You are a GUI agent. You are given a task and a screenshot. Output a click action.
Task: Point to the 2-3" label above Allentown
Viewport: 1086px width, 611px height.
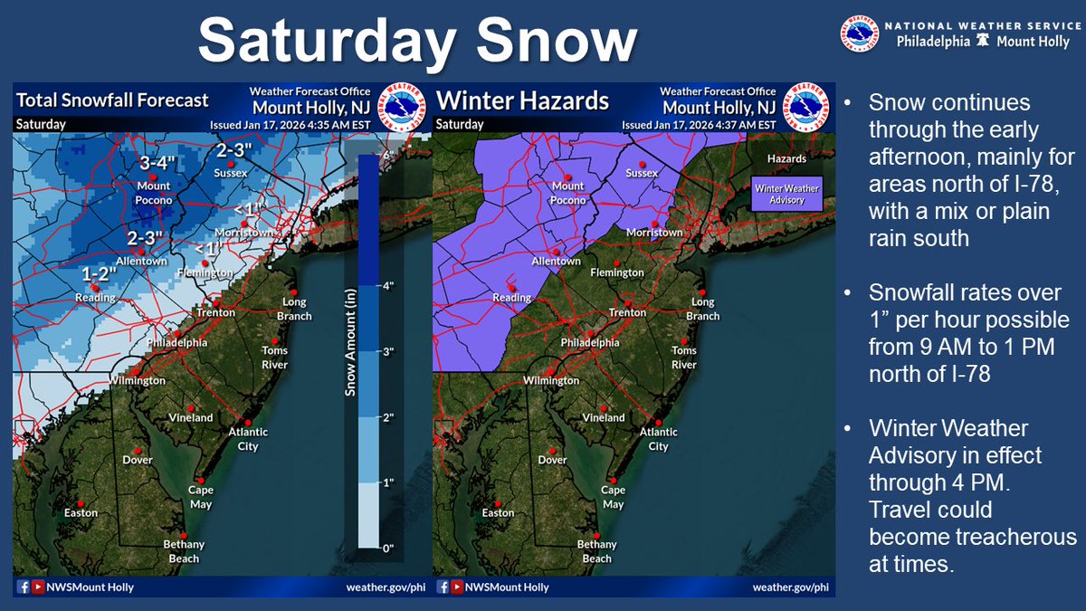145,238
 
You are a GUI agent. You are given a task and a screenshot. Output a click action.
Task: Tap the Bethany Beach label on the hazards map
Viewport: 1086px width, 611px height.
597,551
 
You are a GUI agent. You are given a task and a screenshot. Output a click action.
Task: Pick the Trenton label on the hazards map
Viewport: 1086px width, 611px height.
627,312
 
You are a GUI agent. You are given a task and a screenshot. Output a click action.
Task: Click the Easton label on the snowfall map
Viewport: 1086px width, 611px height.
81,513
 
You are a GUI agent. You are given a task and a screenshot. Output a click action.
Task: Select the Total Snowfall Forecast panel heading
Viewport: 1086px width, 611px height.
113,100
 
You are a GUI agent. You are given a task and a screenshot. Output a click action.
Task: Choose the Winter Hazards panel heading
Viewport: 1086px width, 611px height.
523,100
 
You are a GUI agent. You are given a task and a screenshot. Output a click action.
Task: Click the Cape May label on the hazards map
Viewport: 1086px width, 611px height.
613,497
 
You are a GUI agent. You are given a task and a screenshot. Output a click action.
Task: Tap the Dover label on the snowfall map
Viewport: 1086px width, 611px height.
138,460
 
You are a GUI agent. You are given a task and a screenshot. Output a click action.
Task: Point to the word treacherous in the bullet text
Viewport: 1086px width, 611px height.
972,537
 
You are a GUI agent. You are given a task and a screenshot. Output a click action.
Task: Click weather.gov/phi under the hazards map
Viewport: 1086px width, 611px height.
790,587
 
